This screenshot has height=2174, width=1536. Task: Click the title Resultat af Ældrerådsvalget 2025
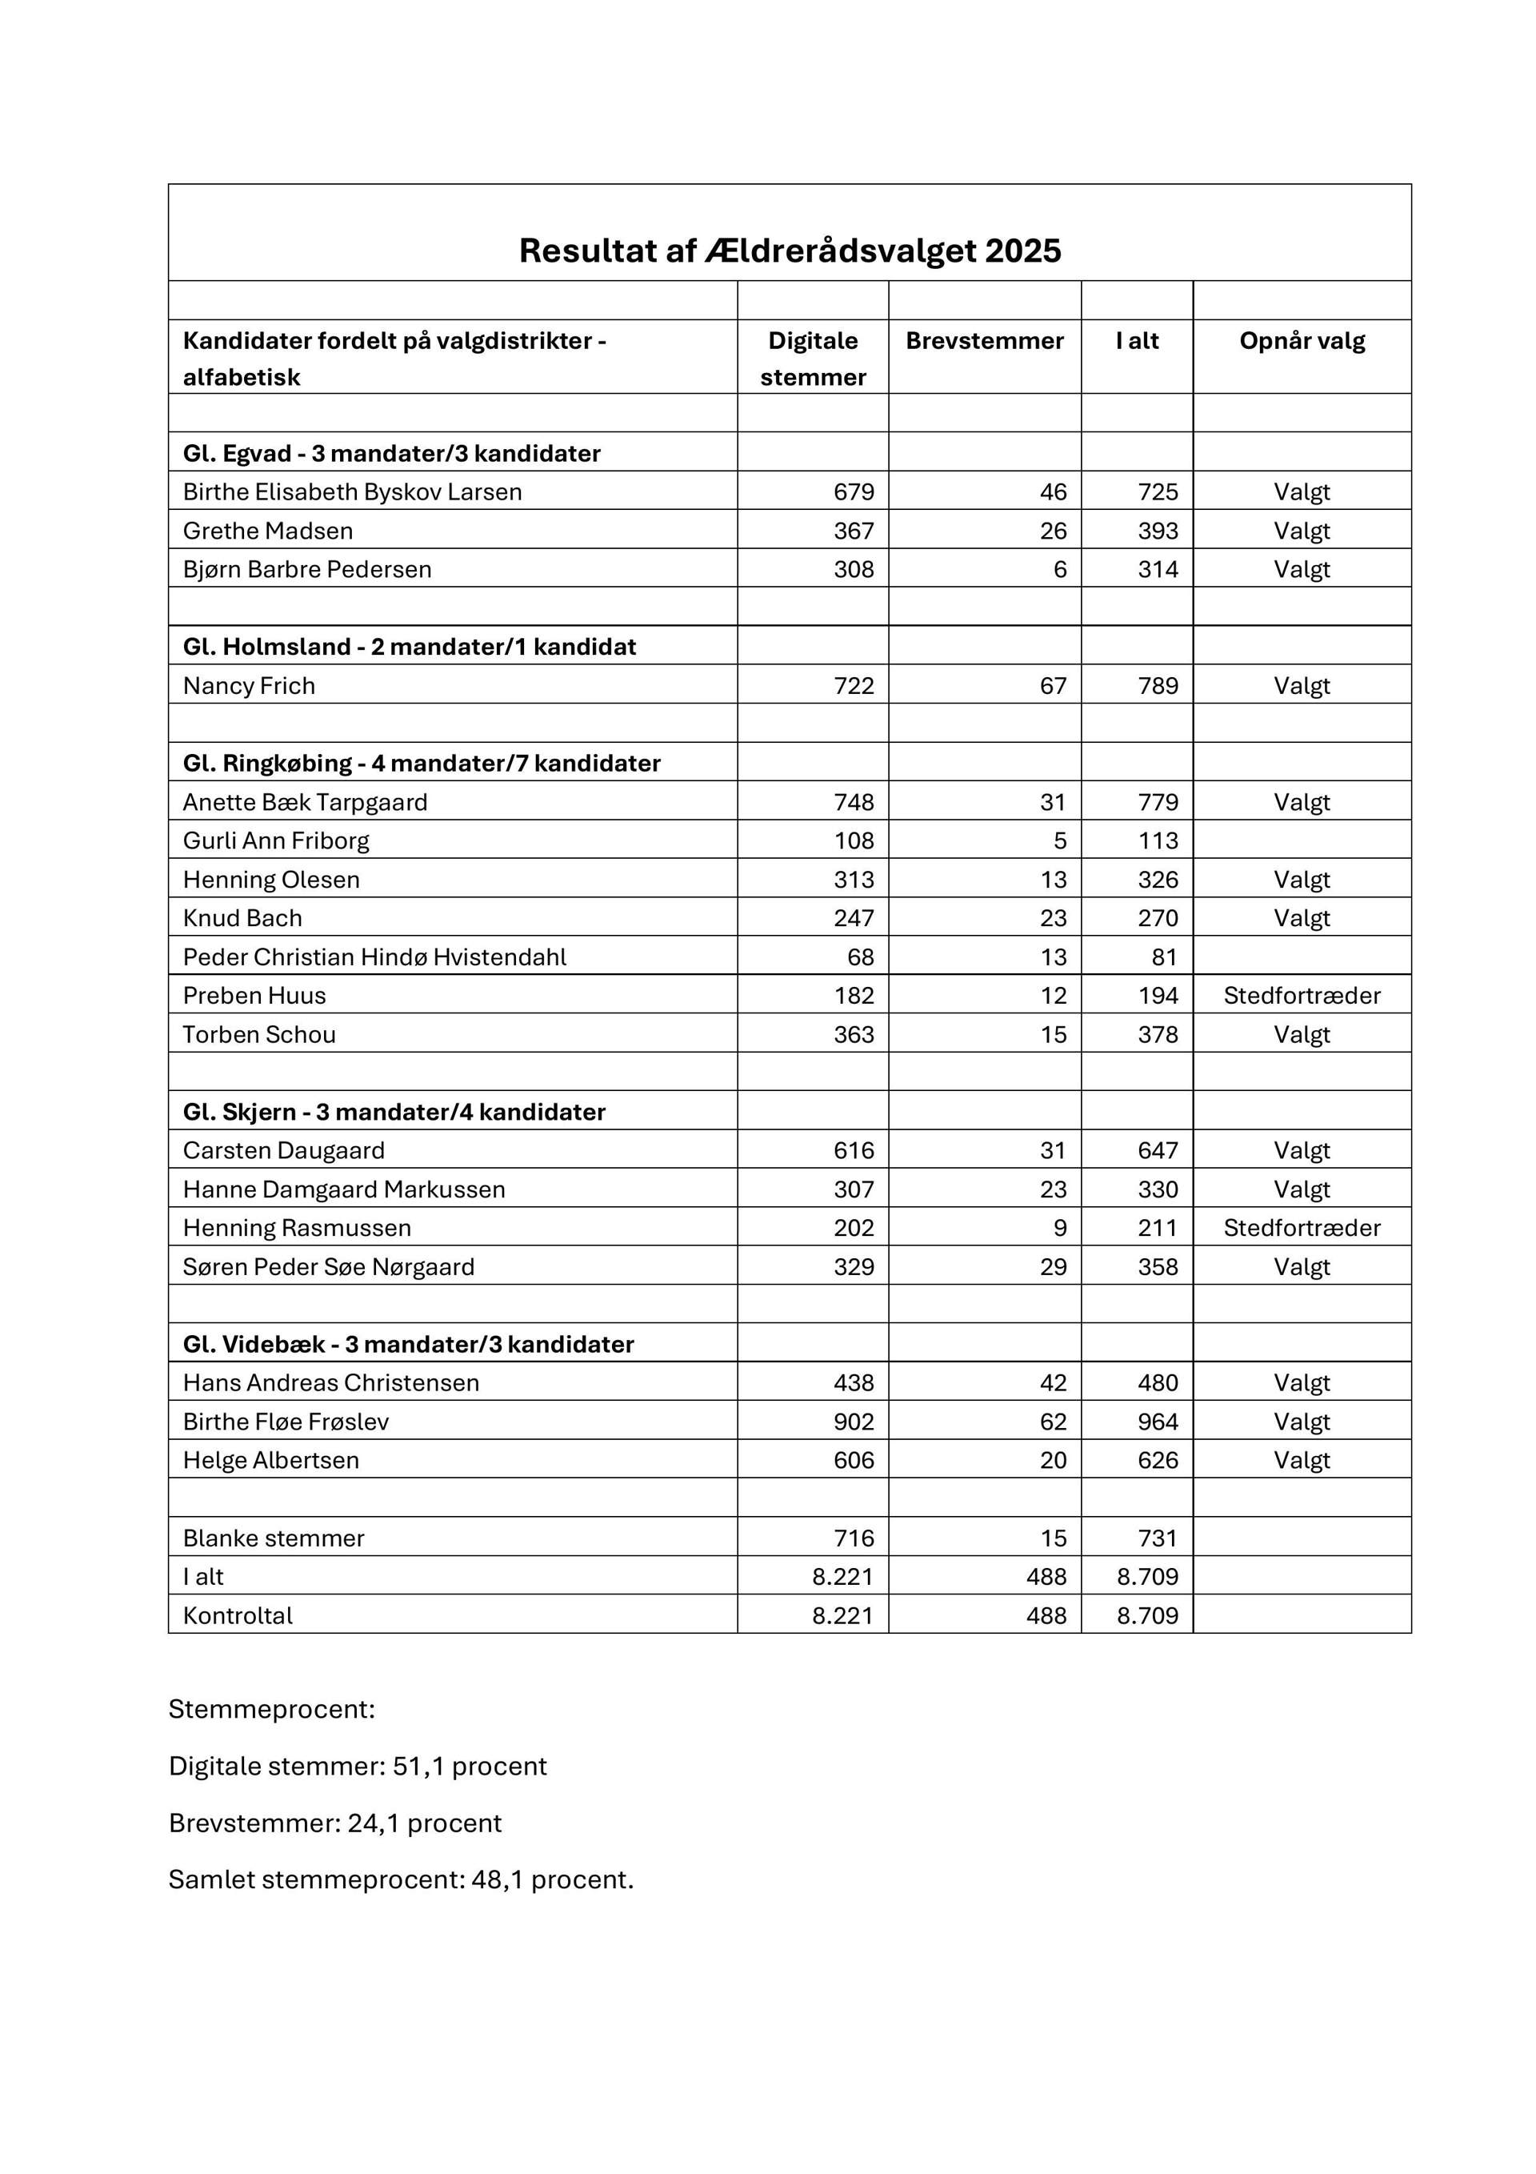(790, 251)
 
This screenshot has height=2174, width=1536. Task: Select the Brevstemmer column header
(984, 341)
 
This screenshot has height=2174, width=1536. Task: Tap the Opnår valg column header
(1302, 341)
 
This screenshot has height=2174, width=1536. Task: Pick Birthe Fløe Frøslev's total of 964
(1158, 1422)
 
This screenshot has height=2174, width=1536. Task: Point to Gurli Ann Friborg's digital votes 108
(853, 840)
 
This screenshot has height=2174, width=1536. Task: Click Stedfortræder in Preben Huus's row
(1302, 995)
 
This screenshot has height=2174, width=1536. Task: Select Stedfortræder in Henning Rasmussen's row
(1302, 1228)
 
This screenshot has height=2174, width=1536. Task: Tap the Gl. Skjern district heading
(394, 1112)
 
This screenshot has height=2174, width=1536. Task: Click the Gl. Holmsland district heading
(409, 647)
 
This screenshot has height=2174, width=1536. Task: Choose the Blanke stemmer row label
(274, 1538)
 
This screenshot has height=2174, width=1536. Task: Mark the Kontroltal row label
(238, 1615)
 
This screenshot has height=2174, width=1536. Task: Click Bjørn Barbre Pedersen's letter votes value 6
(1059, 569)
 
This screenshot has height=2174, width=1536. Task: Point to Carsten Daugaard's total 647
(1158, 1150)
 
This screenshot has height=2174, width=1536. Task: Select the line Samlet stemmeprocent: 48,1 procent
(400, 1879)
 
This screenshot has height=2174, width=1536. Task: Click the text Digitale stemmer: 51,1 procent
(358, 1766)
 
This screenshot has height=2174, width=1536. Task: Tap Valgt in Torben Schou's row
(1302, 1034)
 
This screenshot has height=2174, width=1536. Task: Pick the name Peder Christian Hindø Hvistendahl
(374, 957)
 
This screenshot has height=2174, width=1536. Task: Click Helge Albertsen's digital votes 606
(853, 1460)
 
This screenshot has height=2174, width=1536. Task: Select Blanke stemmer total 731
(1158, 1538)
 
